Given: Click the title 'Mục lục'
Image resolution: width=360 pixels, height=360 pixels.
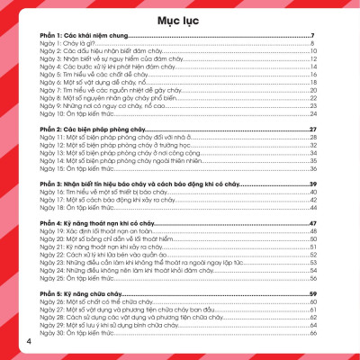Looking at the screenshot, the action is (180, 19).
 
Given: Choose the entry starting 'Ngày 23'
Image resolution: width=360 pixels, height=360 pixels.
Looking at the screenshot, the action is (135, 263).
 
